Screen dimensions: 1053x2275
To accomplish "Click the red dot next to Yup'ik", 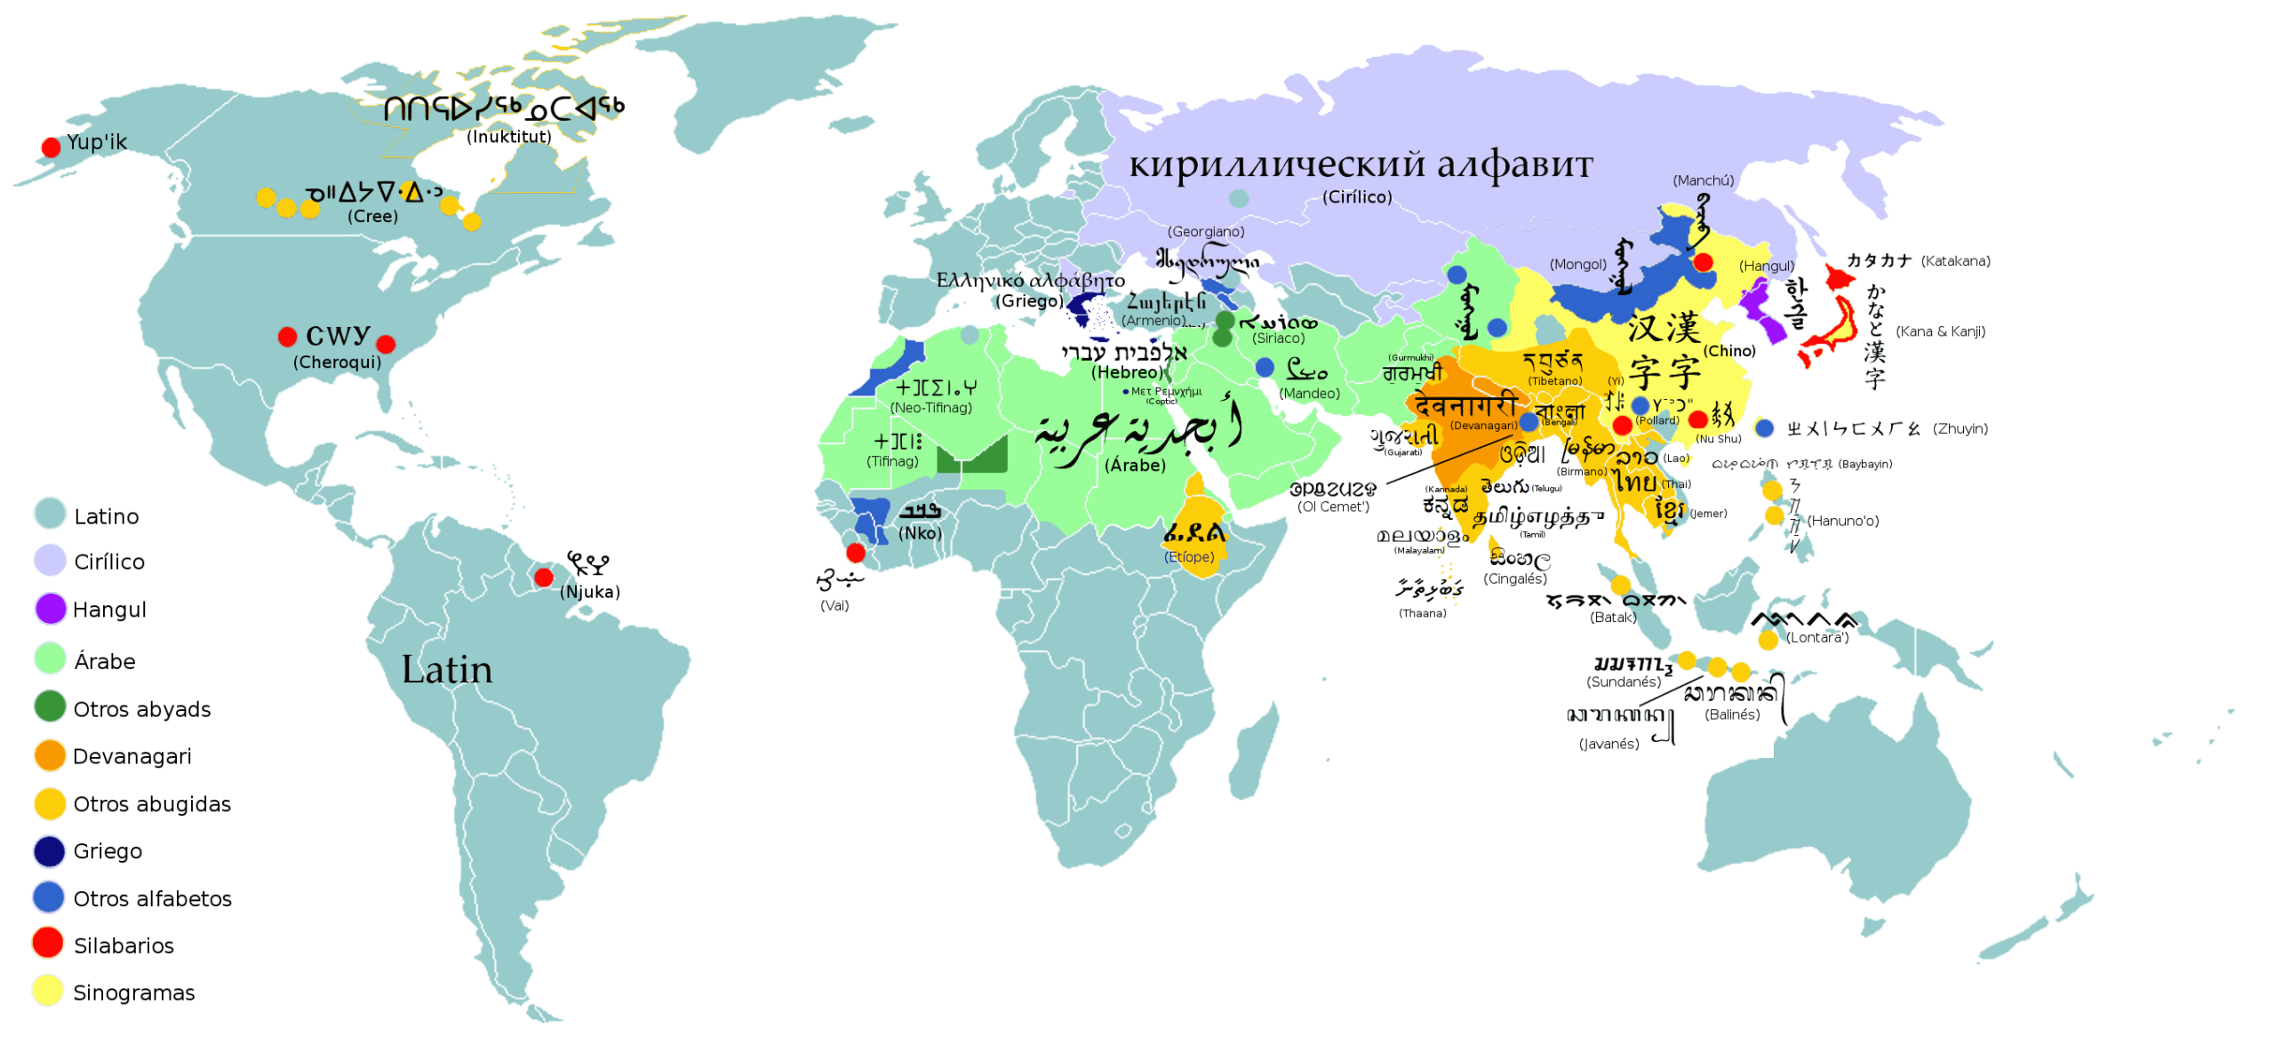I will click(52, 147).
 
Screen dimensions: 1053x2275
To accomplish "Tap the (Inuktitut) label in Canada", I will click(509, 137).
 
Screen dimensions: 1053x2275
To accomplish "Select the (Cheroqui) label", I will click(337, 363).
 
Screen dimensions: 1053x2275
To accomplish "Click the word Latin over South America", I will click(447, 670).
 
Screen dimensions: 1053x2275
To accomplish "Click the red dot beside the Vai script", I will click(856, 554).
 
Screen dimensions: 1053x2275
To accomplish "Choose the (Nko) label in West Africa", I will click(920, 534).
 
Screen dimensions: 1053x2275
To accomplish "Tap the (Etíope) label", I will click(1189, 557).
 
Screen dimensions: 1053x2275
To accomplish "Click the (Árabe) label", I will click(1135, 466).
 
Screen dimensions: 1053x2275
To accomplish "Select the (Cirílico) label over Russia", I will click(1357, 197).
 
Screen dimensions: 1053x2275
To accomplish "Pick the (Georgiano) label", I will click(1206, 232).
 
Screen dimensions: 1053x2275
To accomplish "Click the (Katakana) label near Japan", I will click(1955, 261).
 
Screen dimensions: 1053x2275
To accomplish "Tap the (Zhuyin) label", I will click(1960, 429).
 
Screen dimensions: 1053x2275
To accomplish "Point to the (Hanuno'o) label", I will click(1842, 522).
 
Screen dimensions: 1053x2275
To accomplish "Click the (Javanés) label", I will click(1608, 745).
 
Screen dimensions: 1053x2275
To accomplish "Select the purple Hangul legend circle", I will click(51, 610).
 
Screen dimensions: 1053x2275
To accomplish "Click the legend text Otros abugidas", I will click(152, 805).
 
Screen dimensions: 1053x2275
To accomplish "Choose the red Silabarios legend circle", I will click(48, 944).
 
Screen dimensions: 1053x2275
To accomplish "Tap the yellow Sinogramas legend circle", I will click(48, 992).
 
